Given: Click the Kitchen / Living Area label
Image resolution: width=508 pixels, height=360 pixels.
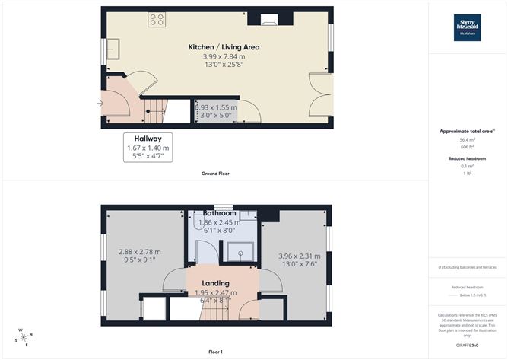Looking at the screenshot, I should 224,47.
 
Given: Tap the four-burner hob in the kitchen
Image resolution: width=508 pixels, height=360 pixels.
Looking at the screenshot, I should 157,20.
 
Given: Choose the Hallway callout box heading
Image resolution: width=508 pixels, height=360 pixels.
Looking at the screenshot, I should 149,139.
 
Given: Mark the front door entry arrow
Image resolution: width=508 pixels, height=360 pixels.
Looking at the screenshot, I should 100,103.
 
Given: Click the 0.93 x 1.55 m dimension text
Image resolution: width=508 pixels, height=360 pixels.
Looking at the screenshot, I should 215,108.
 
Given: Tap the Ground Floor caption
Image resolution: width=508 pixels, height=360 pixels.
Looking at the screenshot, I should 215,174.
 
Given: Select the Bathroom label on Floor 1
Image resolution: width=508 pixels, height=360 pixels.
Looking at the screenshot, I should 219,214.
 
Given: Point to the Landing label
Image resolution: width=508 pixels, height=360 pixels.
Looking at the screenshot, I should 215,283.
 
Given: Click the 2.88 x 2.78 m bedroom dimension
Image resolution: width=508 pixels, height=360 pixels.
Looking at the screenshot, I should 139,252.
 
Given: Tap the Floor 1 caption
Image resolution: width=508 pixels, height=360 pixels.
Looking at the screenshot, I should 215,352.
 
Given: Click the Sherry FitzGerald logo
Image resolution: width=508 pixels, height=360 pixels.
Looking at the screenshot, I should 467,27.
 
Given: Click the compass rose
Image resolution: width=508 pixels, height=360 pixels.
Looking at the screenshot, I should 24,337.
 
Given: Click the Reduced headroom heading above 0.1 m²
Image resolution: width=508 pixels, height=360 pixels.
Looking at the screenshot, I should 466,158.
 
